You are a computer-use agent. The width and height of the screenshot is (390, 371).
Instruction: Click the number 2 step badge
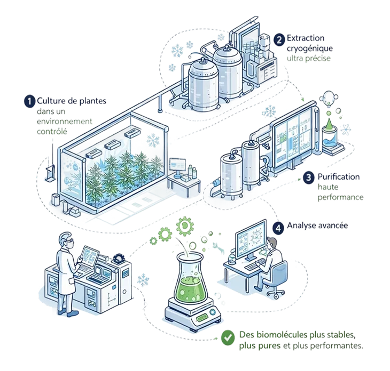coord(279,39)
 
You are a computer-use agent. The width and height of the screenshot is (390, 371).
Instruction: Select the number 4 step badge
coord(278,227)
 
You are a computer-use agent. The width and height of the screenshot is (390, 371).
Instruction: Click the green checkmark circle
coord(228,337)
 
